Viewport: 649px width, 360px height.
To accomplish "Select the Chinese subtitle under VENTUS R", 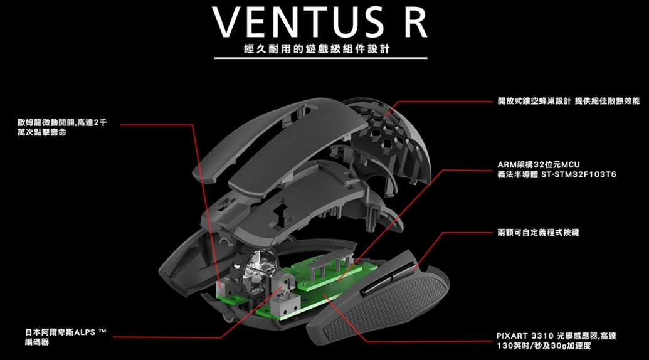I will click(320, 48).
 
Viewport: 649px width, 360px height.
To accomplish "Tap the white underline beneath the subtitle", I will click(320, 59).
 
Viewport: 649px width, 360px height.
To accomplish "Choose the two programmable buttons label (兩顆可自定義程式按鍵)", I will click(537, 233).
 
